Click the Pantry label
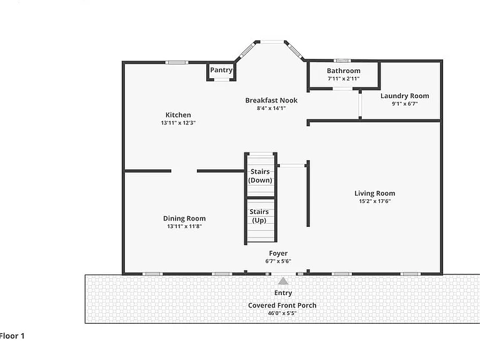221,70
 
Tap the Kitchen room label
178,115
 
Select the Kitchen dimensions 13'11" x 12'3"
178,122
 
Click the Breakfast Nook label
271,100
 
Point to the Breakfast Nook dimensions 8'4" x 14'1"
271,108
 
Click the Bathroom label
344,71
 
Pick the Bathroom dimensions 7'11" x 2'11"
344,79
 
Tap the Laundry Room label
405,96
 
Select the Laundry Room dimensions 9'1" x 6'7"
405,104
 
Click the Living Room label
375,193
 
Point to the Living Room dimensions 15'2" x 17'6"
375,201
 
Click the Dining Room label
184,218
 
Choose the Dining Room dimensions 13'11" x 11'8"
184,226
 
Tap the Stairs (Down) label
260,176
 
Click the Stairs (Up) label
259,216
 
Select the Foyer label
278,254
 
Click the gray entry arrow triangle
283,281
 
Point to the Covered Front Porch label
282,305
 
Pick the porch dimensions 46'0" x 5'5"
282,313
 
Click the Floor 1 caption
12,336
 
